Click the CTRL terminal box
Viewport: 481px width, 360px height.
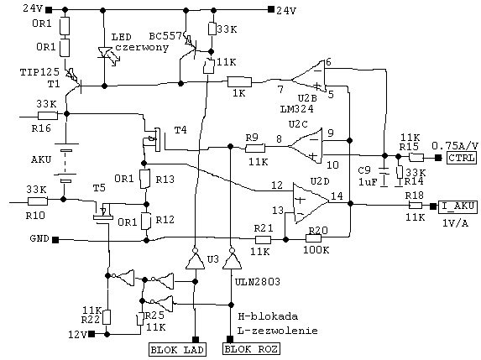pyautogui.click(x=462, y=158)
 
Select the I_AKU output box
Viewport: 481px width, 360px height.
pyautogui.click(x=457, y=206)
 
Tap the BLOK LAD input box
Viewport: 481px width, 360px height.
pyautogui.click(x=177, y=350)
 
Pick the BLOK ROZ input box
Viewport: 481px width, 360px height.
pyautogui.click(x=251, y=349)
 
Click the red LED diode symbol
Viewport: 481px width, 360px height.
pyautogui.click(x=105, y=53)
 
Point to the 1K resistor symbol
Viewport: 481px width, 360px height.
pyautogui.click(x=239, y=82)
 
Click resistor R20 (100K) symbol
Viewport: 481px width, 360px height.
pyautogui.click(x=313, y=238)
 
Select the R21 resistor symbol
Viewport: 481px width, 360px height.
pyautogui.click(x=264, y=240)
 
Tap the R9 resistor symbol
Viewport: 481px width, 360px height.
pyautogui.click(x=255, y=149)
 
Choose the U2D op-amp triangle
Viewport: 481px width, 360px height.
pyautogui.click(x=311, y=203)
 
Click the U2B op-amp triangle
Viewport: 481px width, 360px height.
pyautogui.click(x=308, y=76)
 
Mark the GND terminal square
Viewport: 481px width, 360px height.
pyautogui.click(x=55, y=240)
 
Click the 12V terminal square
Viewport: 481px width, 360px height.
pyautogui.click(x=91, y=334)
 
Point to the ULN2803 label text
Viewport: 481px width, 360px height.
pyautogui.click(x=258, y=282)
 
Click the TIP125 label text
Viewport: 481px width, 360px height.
pyautogui.click(x=39, y=72)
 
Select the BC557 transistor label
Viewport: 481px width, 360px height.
pyautogui.click(x=165, y=36)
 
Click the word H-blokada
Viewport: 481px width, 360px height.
pyautogui.click(x=268, y=316)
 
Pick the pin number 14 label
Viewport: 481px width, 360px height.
pyautogui.click(x=337, y=196)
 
